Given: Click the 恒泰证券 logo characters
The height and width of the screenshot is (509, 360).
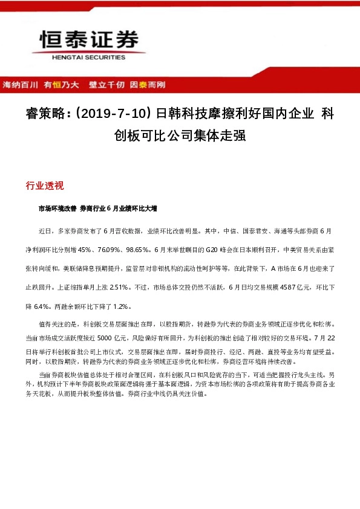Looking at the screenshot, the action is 83,41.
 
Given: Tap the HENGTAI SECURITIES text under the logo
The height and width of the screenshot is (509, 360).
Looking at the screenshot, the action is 83,57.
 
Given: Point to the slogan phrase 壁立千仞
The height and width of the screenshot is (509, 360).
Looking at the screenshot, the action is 108,85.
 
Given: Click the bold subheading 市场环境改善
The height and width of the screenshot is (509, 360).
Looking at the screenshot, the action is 57,209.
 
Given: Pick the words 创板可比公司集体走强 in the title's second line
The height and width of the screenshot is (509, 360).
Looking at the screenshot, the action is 180,135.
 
